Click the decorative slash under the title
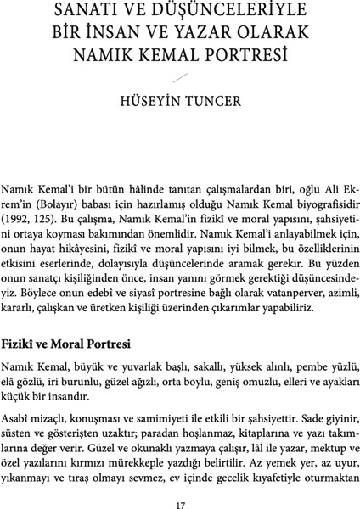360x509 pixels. (x=180, y=79)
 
